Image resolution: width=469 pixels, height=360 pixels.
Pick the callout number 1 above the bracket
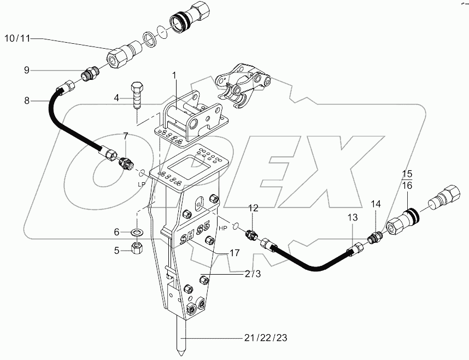[174, 74]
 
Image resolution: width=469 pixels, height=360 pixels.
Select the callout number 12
[253, 208]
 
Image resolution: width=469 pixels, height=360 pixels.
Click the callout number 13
[353, 219]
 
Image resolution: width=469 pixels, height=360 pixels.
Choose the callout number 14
[376, 204]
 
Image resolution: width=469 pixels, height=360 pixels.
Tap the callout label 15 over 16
[407, 179]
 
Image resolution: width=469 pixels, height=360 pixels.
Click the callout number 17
[234, 253]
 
